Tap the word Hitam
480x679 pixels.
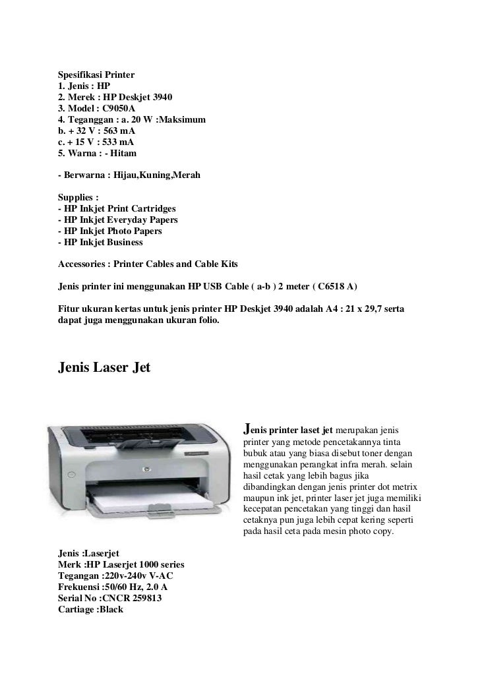pos(123,153)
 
